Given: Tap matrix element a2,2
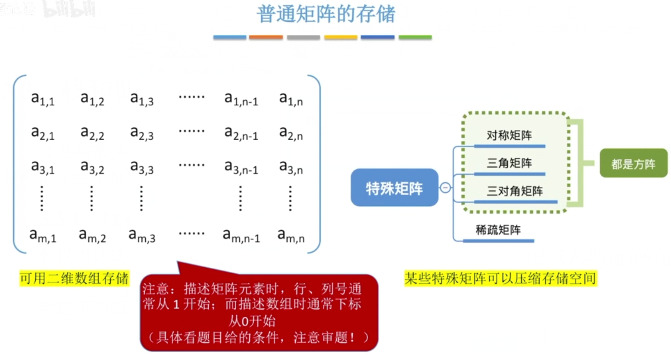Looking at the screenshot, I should pos(92,133).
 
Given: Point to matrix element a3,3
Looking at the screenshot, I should pos(142,167).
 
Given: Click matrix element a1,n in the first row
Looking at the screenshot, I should pos(290,99).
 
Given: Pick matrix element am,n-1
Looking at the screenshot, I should pos(241,235).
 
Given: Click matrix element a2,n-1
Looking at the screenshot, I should pos(241,133).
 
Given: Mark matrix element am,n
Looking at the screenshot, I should pos(290,235).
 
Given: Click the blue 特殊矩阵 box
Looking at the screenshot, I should pos(395,188).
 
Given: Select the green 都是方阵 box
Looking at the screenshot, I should pos(633,163).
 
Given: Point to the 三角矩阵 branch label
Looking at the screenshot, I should pos(509,163).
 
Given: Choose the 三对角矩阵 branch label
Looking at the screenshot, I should pos(515,191).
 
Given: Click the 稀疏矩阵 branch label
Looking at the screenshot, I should pos(498,230).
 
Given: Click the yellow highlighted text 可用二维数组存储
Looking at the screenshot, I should pos(74,278).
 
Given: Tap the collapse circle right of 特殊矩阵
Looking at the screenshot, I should pos(445,188).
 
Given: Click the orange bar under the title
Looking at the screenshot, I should pos(266,37).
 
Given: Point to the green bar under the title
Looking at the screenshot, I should pos(415,37).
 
